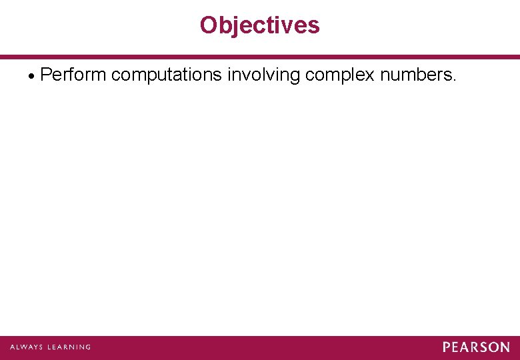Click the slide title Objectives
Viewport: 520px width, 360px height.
click(x=259, y=25)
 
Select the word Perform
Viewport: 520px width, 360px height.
click(x=73, y=75)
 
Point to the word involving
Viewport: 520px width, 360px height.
click(x=263, y=75)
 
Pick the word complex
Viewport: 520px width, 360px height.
click(x=340, y=75)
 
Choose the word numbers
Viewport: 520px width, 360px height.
click(x=415, y=75)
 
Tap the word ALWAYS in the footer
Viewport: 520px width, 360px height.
click(x=26, y=347)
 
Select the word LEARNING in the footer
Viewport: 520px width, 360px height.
click(x=67, y=347)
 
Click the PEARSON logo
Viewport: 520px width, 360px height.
click(x=476, y=347)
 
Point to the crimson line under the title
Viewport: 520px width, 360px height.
click(x=260, y=57)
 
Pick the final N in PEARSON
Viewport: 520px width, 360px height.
click(x=505, y=347)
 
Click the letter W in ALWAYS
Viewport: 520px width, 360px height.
click(x=25, y=347)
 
